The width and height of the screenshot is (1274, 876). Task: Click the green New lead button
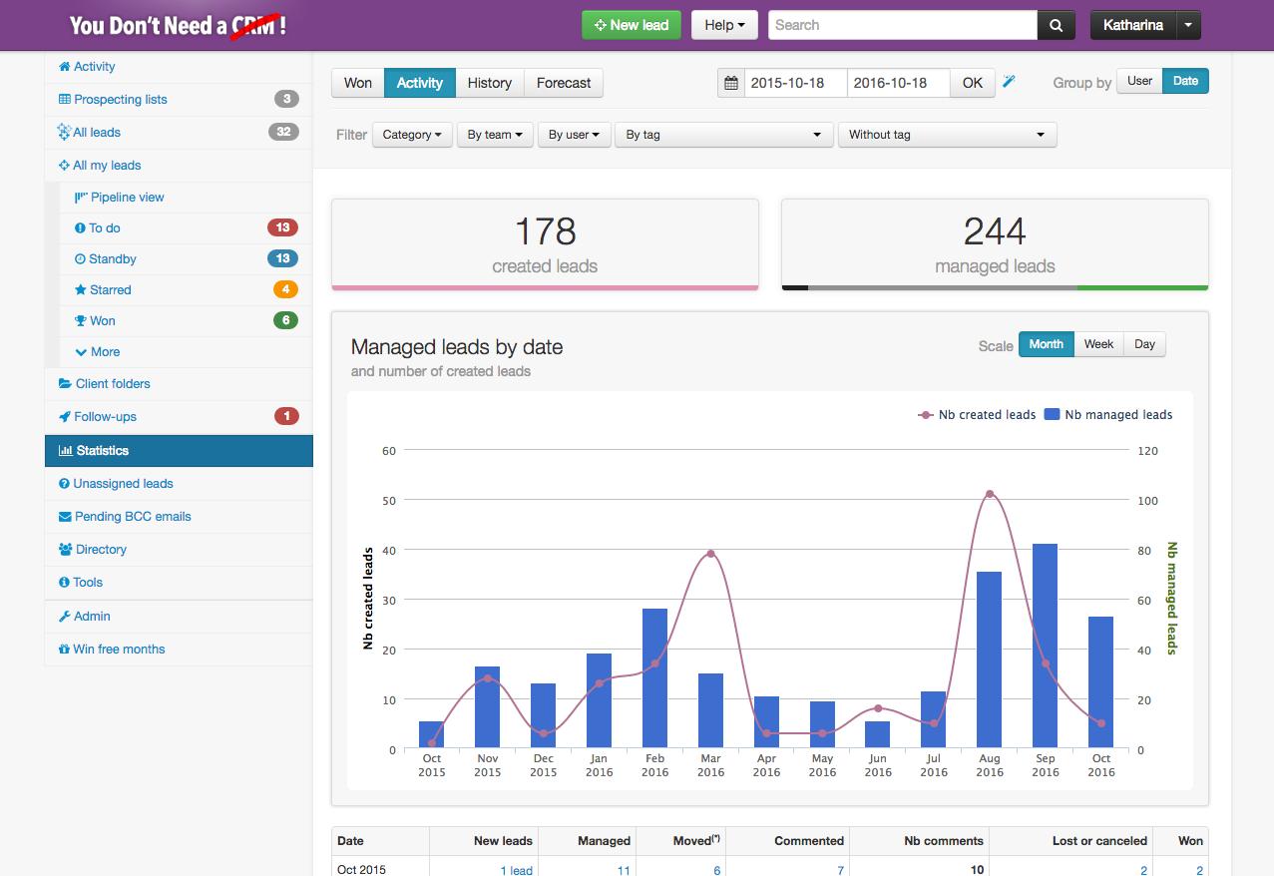coord(632,25)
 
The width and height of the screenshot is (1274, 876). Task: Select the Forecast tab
coord(564,83)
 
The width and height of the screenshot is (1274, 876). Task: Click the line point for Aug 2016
coord(990,494)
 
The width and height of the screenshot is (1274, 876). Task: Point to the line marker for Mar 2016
coord(710,554)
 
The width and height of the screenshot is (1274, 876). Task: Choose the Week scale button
coord(1098,344)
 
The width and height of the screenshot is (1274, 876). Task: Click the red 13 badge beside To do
coord(282,227)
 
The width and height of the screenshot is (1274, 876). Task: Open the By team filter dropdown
coord(495,135)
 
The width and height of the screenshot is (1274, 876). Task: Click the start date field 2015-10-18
coord(795,83)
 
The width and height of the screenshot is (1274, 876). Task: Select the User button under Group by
coord(1139,82)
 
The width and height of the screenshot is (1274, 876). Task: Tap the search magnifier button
coord(1057,25)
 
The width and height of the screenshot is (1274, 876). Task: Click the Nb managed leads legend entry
coord(1108,415)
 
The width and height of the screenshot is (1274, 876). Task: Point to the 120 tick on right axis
coord(1147,451)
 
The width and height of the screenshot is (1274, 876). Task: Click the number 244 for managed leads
coord(995,231)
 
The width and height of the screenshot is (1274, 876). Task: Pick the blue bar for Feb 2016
coord(654,678)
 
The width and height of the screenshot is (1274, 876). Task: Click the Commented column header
coord(809,841)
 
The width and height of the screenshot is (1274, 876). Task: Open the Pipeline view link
coord(127,198)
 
